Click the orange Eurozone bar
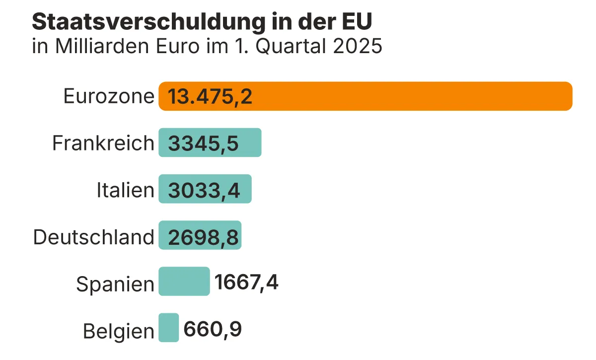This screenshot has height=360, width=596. click(x=397, y=96)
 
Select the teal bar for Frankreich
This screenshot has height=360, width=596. click(x=248, y=143)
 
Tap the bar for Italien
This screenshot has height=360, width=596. click(x=246, y=189)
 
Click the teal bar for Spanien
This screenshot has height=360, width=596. click(x=184, y=281)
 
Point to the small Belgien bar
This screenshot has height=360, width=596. click(x=169, y=327)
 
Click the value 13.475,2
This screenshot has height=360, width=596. click(x=210, y=96)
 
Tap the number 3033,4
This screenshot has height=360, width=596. click(x=204, y=190)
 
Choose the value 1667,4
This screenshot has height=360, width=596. click(x=246, y=283)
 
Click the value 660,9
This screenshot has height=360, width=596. click(x=213, y=329)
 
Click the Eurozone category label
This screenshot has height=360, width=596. click(x=109, y=96)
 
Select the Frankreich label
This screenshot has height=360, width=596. click(x=103, y=143)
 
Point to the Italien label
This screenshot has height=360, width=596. click(x=125, y=190)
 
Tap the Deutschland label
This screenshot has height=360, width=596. click(x=94, y=237)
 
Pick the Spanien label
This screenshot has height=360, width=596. click(x=115, y=284)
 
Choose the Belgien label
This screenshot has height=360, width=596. click(x=119, y=331)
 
